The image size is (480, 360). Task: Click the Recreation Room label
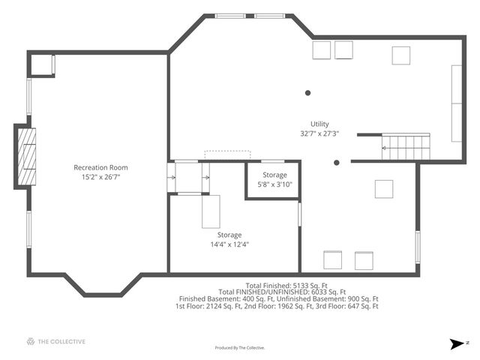tap(100, 167)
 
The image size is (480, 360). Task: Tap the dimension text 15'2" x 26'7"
tap(100, 177)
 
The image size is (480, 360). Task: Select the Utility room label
tap(319, 124)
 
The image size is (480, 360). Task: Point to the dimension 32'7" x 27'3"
tap(319, 133)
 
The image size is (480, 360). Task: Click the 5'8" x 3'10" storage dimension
tap(275, 184)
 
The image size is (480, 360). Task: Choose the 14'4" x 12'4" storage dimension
tap(229, 244)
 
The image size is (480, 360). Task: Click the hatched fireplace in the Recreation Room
tap(27, 157)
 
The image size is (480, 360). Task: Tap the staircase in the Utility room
tap(406, 147)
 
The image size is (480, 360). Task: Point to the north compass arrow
tap(457, 343)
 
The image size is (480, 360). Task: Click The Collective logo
tap(56, 341)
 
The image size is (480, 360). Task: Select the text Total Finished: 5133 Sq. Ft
tap(286, 286)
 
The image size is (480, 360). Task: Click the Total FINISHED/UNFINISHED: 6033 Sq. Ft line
tap(282, 292)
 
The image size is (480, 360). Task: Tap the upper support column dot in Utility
tap(308, 93)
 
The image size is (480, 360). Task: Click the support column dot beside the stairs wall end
tap(337, 163)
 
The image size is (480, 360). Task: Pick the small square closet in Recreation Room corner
tap(41, 65)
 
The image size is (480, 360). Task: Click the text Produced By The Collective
tap(240, 348)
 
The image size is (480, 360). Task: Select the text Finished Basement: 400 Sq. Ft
tap(226, 299)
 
